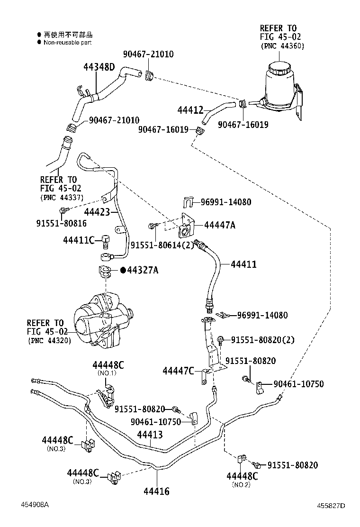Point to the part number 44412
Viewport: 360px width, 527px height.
190,110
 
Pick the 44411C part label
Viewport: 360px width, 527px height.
79,240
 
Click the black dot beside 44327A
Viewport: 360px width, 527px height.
123,270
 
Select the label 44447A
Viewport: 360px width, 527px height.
219,225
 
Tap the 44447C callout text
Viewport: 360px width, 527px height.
178,370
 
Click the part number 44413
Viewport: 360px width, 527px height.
150,434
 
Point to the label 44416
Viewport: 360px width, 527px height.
156,491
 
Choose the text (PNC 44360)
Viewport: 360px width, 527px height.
282,46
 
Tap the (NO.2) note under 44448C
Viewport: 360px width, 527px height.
242,484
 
